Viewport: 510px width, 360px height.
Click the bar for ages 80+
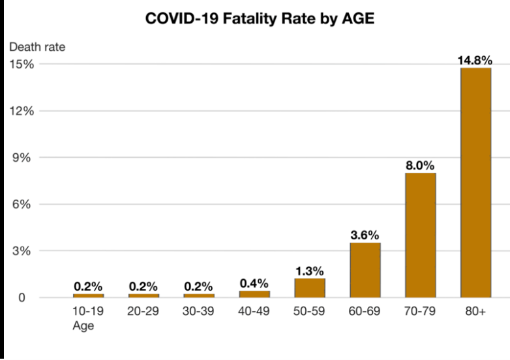coord(475,183)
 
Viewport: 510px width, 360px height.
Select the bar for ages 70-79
coord(420,235)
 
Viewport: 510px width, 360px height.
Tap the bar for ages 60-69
coord(365,270)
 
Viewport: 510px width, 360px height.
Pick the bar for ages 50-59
coord(310,288)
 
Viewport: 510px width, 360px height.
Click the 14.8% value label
coord(475,60)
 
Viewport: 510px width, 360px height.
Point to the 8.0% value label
coord(420,166)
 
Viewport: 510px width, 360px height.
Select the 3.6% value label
coord(365,235)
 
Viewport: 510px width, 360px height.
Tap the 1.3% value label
coord(309,271)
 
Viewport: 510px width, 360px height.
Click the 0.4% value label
coord(254,283)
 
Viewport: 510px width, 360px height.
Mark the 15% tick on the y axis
coord(22,64)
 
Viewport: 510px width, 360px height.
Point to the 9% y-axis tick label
coord(22,158)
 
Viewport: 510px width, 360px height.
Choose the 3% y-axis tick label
coord(22,251)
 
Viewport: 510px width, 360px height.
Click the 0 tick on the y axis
coord(22,297)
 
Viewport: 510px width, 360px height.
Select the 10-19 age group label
coord(88,311)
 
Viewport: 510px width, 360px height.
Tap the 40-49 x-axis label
coord(254,311)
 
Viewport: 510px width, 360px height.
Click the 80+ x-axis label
coord(475,311)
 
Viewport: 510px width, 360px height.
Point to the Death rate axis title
coord(37,47)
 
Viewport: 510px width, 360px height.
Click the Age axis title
coord(83,325)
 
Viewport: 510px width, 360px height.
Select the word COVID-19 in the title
coord(182,18)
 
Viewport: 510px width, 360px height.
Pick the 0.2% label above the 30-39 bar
coord(198,286)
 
